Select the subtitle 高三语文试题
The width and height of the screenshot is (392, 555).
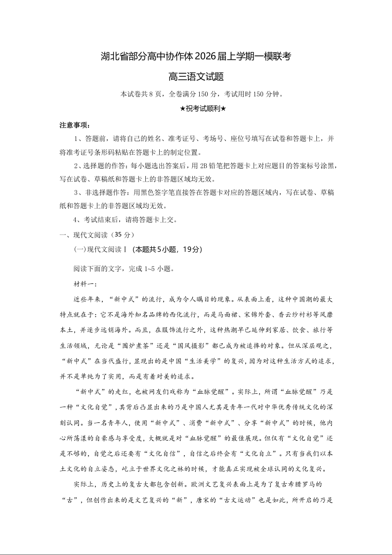(196, 77)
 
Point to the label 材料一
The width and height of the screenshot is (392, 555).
(85, 283)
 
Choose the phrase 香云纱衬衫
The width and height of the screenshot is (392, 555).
(293, 314)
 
